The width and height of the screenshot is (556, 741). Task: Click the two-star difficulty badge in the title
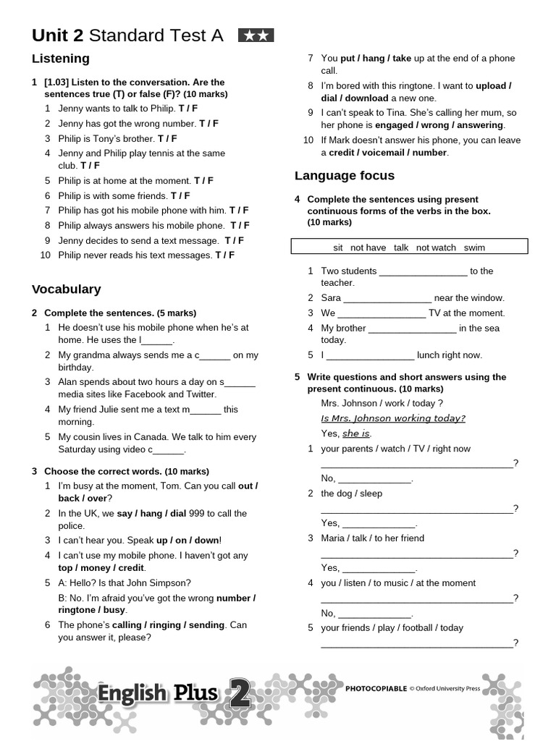point(256,35)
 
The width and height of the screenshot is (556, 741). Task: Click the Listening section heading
point(61,59)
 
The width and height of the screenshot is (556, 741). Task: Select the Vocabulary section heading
point(66,289)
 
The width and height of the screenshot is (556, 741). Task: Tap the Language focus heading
point(345,176)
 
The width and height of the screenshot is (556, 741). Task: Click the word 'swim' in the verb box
point(474,247)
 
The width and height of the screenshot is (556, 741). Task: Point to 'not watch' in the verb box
point(437,247)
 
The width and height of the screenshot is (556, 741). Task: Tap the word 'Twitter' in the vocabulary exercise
point(200,394)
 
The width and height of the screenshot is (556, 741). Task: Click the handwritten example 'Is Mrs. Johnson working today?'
point(393,418)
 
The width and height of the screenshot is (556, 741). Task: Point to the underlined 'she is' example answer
point(355,433)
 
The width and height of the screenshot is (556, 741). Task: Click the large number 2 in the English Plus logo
point(240,693)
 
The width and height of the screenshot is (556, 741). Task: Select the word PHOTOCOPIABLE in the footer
point(376,690)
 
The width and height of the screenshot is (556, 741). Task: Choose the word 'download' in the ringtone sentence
point(366,98)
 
